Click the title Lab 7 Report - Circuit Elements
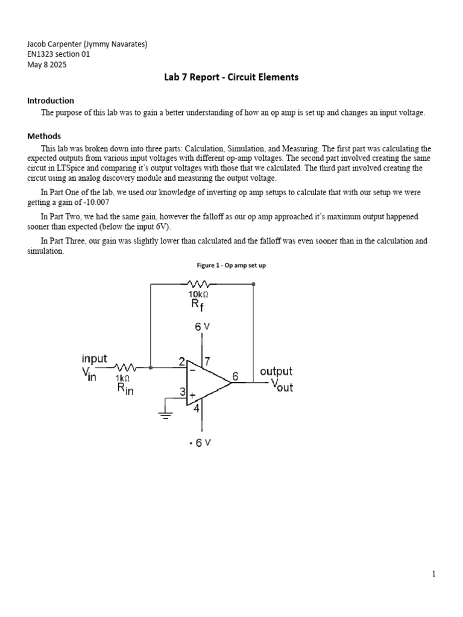[x=231, y=77]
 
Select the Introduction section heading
[x=51, y=101]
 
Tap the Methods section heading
[x=45, y=136]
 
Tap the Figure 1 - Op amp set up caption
[x=231, y=265]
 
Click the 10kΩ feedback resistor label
[x=199, y=293]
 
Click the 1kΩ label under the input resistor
[x=122, y=378]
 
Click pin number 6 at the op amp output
[x=235, y=375]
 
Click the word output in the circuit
[x=276, y=372]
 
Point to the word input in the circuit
[x=95, y=359]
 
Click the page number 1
[x=433, y=574]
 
